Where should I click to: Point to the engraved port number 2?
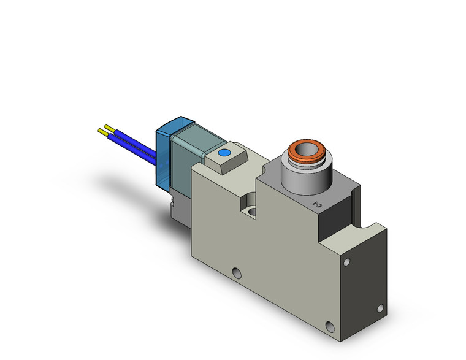[x=317, y=203]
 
